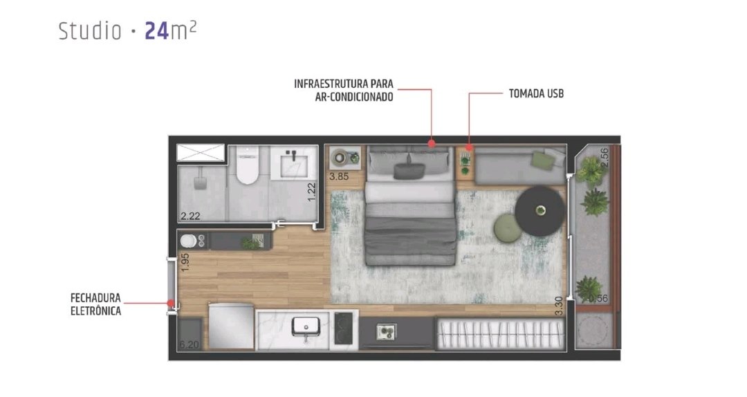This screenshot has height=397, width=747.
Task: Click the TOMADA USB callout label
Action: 536,93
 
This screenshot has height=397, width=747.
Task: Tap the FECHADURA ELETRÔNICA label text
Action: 95,304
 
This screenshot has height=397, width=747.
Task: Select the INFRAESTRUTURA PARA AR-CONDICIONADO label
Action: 344,90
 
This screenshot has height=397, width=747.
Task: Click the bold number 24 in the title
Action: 157,31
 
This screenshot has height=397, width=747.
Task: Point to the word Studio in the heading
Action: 90,31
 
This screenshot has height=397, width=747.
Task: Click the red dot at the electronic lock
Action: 170,302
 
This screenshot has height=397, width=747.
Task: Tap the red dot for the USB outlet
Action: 469,148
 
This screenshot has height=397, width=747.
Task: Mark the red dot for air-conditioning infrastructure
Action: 432,143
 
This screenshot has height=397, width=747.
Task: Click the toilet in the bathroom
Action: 247,165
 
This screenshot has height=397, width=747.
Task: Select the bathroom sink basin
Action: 293,163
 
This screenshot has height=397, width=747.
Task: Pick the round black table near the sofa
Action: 539,211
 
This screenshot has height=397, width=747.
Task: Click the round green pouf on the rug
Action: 508,228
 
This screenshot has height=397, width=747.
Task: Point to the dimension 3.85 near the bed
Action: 339,176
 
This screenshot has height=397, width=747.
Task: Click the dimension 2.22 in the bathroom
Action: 190,216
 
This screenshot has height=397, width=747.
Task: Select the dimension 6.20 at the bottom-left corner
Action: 189,344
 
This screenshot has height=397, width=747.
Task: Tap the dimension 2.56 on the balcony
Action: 604,157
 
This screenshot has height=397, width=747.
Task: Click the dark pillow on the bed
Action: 409,171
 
